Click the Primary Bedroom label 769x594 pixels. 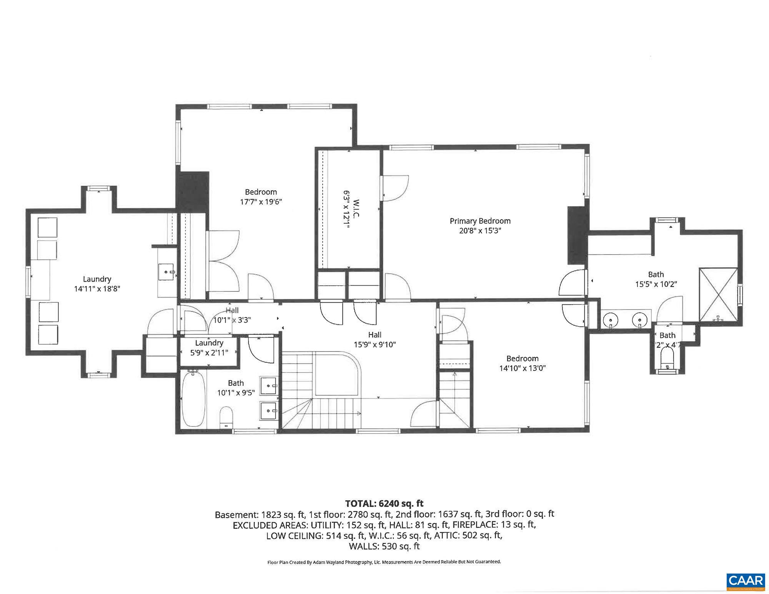(480, 221)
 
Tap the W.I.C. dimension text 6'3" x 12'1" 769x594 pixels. (346, 210)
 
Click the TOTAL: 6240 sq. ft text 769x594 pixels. (384, 503)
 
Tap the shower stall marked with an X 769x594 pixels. (718, 295)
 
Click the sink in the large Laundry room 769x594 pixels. (167, 272)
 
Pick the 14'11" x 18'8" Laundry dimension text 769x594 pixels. (97, 289)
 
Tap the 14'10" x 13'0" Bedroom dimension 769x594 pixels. (522, 368)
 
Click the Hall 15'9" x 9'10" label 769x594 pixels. (375, 340)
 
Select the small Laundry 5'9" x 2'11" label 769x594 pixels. (209, 348)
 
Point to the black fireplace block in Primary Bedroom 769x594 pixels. (578, 235)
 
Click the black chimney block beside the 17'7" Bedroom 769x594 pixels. (192, 191)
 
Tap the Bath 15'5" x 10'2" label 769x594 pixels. (656, 280)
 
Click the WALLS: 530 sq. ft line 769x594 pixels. (384, 546)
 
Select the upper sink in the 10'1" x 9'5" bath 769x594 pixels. (268, 385)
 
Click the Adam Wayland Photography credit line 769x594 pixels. (384, 562)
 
